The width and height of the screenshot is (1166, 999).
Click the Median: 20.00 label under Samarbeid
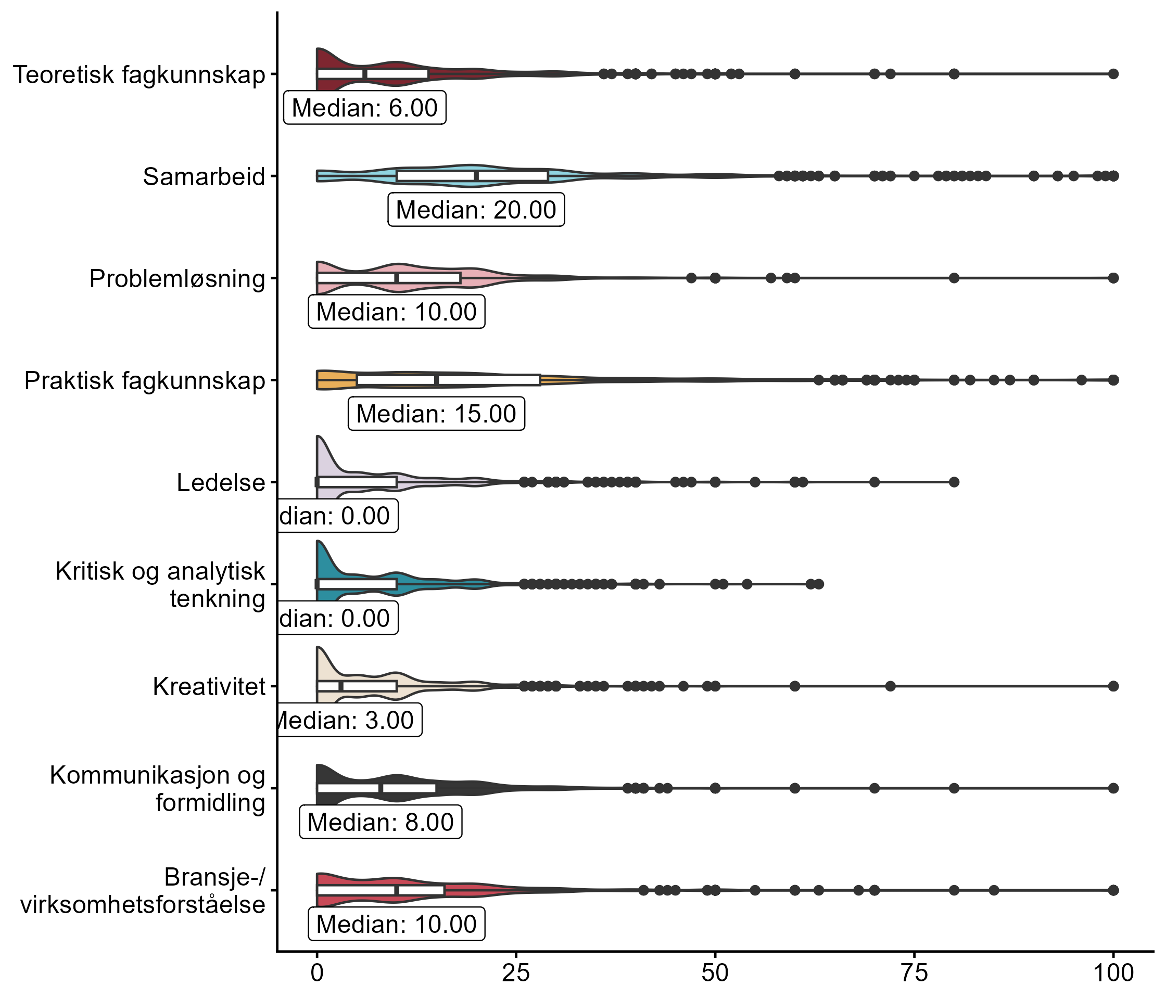[476, 210]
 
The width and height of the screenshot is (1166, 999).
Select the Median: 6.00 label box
[365, 107]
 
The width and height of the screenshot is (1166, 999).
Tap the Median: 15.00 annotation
[436, 414]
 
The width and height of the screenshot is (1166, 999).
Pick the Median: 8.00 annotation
[381, 823]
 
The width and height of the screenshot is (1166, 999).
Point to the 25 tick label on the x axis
[516, 973]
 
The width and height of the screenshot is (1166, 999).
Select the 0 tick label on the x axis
[318, 973]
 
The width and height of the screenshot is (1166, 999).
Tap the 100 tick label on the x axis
[1112, 973]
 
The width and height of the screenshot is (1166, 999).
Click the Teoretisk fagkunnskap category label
[139, 75]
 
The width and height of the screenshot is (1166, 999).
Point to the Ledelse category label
[221, 483]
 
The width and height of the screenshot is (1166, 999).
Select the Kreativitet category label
[209, 687]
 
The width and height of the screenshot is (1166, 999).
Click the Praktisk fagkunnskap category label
[145, 381]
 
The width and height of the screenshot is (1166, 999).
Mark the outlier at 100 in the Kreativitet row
[1113, 686]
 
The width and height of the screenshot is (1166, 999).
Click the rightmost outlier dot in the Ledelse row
[954, 482]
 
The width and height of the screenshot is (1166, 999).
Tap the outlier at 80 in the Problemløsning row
[954, 278]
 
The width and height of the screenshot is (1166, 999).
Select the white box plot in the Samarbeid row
[472, 176]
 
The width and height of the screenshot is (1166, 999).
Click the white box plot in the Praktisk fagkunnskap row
[449, 380]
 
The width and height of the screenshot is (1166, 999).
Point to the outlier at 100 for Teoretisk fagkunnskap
[1113, 74]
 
